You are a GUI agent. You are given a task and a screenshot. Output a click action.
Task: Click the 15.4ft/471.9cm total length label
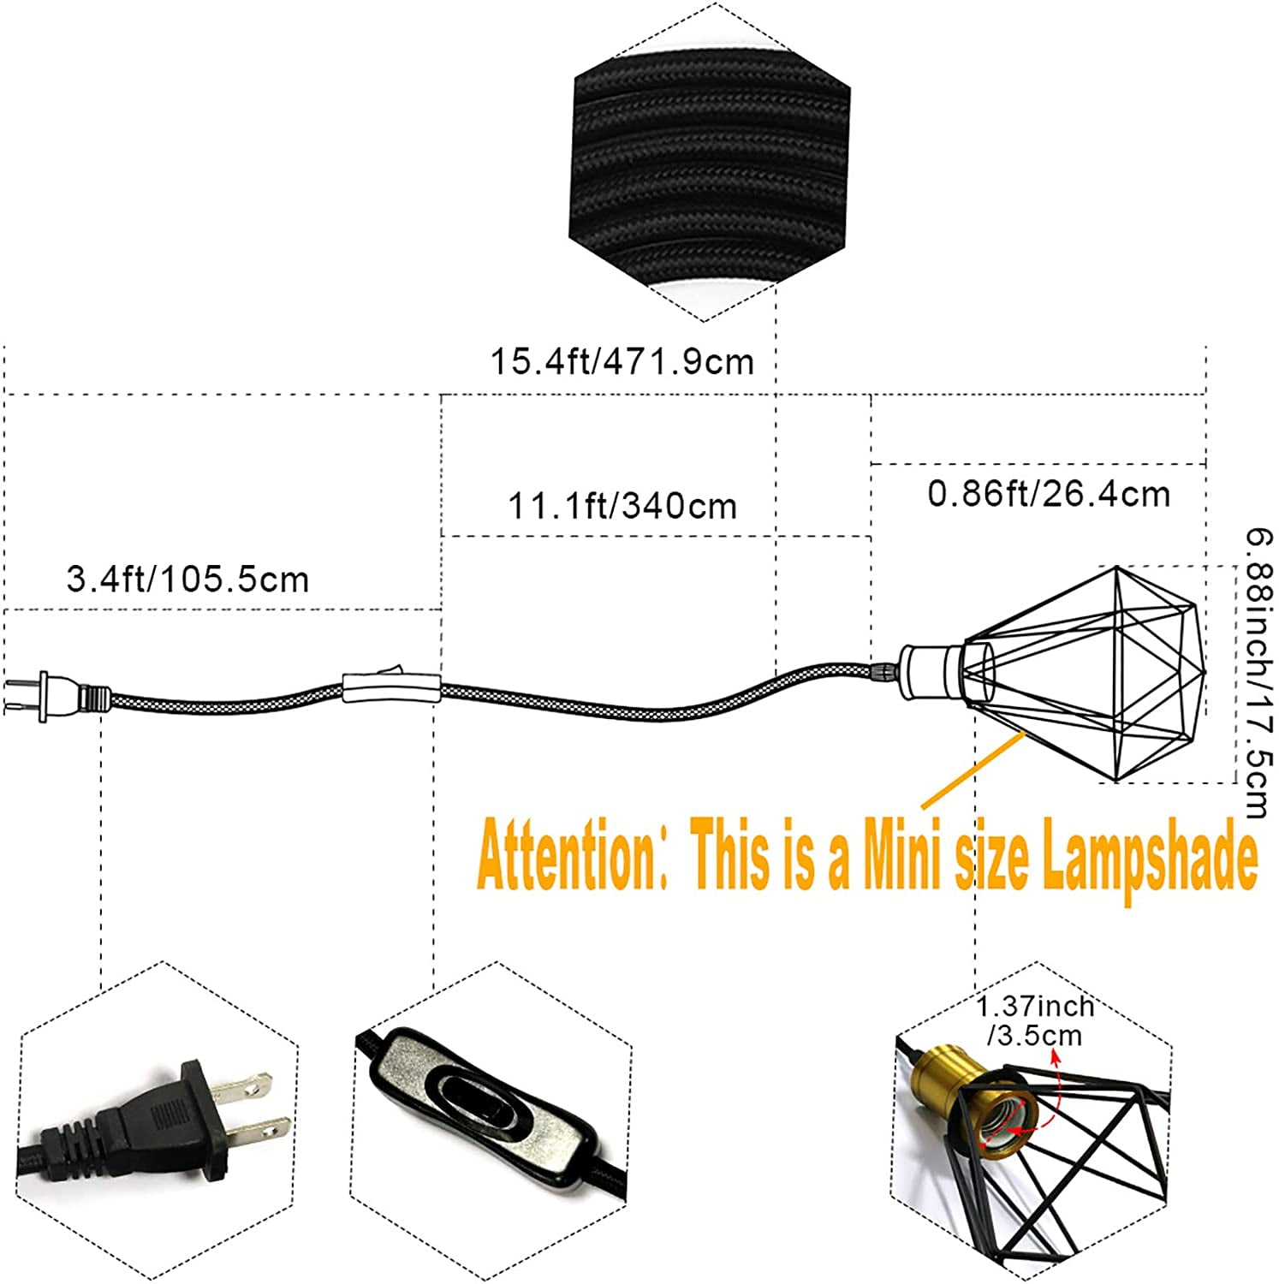click(x=622, y=361)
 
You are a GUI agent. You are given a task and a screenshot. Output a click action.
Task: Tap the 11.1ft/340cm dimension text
click(x=622, y=506)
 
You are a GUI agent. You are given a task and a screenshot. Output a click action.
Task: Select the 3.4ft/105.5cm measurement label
click(x=187, y=580)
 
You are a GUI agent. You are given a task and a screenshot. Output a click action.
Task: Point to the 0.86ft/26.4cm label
click(x=1049, y=494)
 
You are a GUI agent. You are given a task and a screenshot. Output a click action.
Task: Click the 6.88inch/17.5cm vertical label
click(x=1258, y=674)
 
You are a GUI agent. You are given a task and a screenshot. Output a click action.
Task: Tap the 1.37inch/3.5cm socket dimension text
click(x=1034, y=1020)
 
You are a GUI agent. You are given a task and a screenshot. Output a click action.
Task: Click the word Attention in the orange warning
click(x=566, y=854)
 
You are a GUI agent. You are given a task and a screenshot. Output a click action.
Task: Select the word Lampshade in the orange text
click(x=1149, y=858)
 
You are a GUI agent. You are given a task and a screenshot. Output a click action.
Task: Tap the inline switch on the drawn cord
click(x=390, y=684)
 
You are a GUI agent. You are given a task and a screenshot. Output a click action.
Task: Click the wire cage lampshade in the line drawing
click(x=1084, y=674)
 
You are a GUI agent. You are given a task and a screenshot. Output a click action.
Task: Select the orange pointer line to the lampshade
click(x=973, y=770)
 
